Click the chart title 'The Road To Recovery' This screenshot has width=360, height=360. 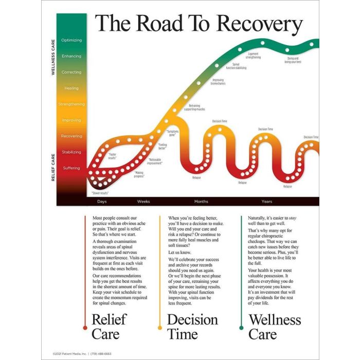pos(199,24)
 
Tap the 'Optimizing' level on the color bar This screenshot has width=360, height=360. pos(71,40)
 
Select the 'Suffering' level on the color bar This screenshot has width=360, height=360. pos(71,168)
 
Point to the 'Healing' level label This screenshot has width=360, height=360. pos(71,88)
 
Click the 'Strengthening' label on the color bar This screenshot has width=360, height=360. pos(71,104)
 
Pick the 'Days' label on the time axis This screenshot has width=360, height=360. pos(102,201)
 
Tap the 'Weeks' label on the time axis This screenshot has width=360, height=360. pos(143,201)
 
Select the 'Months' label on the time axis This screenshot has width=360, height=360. pos(201,201)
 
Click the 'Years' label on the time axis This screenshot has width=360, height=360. pos(267,201)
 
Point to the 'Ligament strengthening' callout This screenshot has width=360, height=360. pos(253,56)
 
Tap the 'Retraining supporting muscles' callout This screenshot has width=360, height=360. pos(194,107)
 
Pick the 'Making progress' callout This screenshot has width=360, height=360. pos(139,174)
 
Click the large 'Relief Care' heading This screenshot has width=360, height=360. pos(109,327)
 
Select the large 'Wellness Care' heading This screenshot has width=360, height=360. pos(275,327)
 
